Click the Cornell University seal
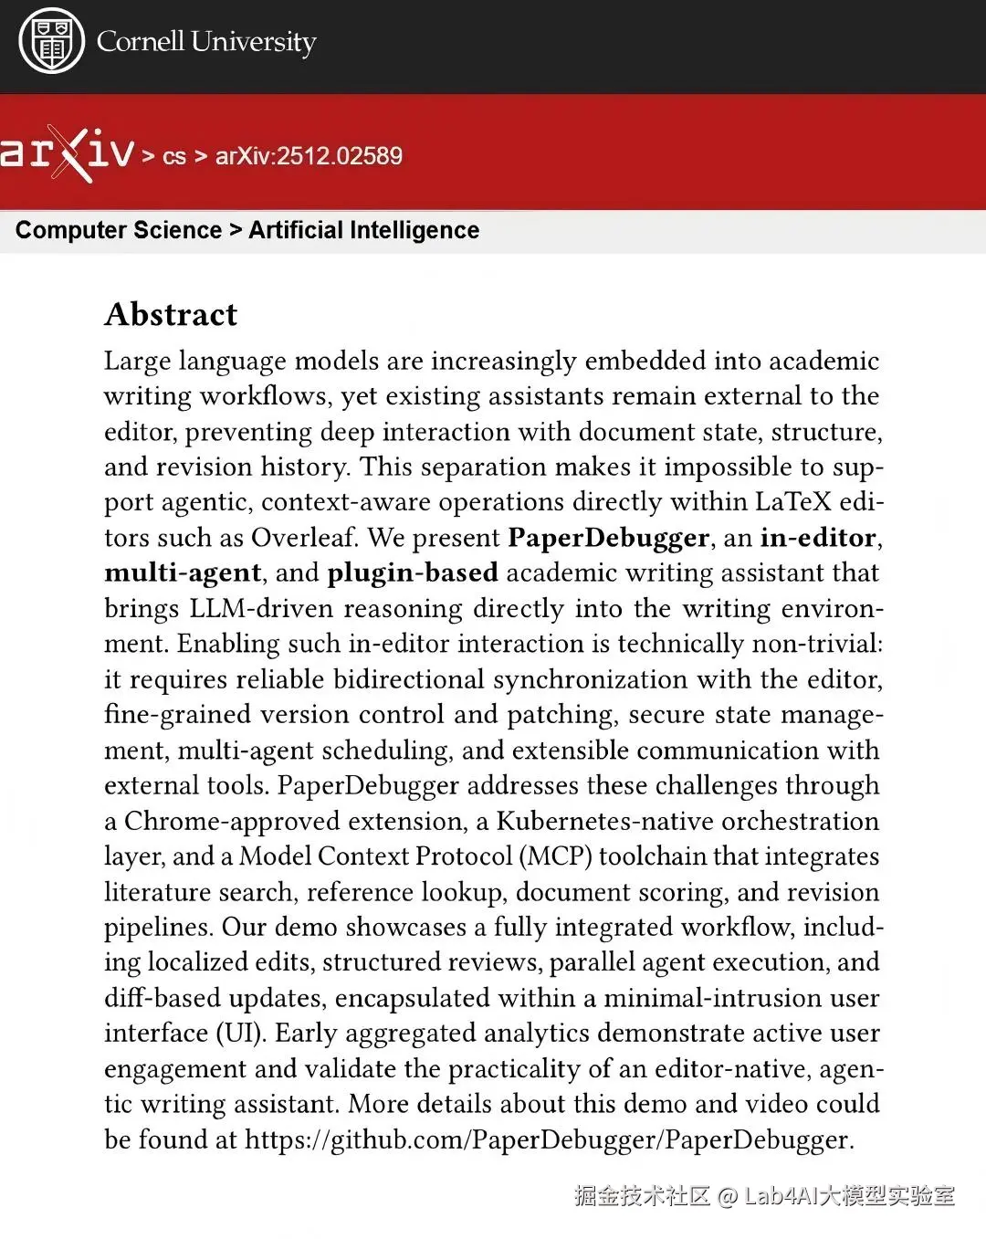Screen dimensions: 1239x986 pyautogui.click(x=51, y=41)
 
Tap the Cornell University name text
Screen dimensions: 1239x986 pyautogui.click(x=206, y=41)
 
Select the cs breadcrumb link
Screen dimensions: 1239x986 pyautogui.click(x=173, y=156)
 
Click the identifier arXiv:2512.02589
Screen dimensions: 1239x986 pyautogui.click(x=309, y=155)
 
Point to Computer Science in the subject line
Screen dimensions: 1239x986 pyautogui.click(x=119, y=230)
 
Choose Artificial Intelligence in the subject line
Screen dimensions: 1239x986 pyautogui.click(x=363, y=230)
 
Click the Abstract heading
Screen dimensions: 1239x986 pyautogui.click(x=171, y=314)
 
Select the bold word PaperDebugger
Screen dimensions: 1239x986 pyautogui.click(x=608, y=538)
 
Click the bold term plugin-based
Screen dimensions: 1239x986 pyautogui.click(x=413, y=572)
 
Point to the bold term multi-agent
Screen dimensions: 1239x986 pyautogui.click(x=183, y=572)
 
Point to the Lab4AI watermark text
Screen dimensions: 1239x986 pyautogui.click(x=849, y=1196)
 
